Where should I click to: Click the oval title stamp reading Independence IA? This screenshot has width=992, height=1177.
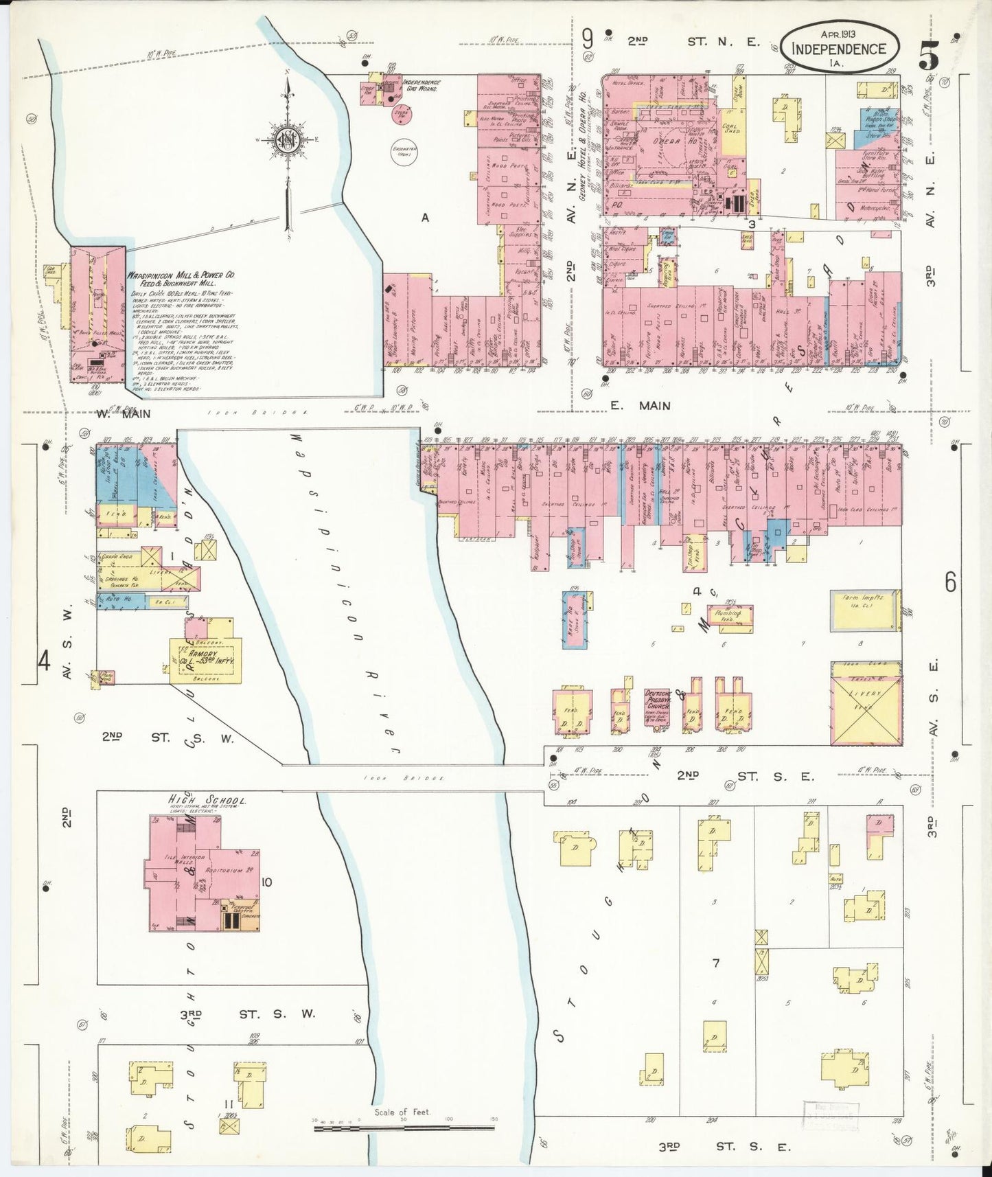click(838, 46)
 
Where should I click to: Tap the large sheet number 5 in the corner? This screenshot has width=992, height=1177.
click(930, 52)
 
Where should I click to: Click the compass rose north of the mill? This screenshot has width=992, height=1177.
click(286, 141)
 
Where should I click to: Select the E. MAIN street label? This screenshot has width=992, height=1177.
click(640, 406)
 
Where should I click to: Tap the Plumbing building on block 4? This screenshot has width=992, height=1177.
click(730, 616)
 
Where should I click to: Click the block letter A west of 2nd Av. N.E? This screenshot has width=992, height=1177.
click(426, 218)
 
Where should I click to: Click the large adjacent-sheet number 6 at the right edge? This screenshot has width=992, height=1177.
click(950, 582)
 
